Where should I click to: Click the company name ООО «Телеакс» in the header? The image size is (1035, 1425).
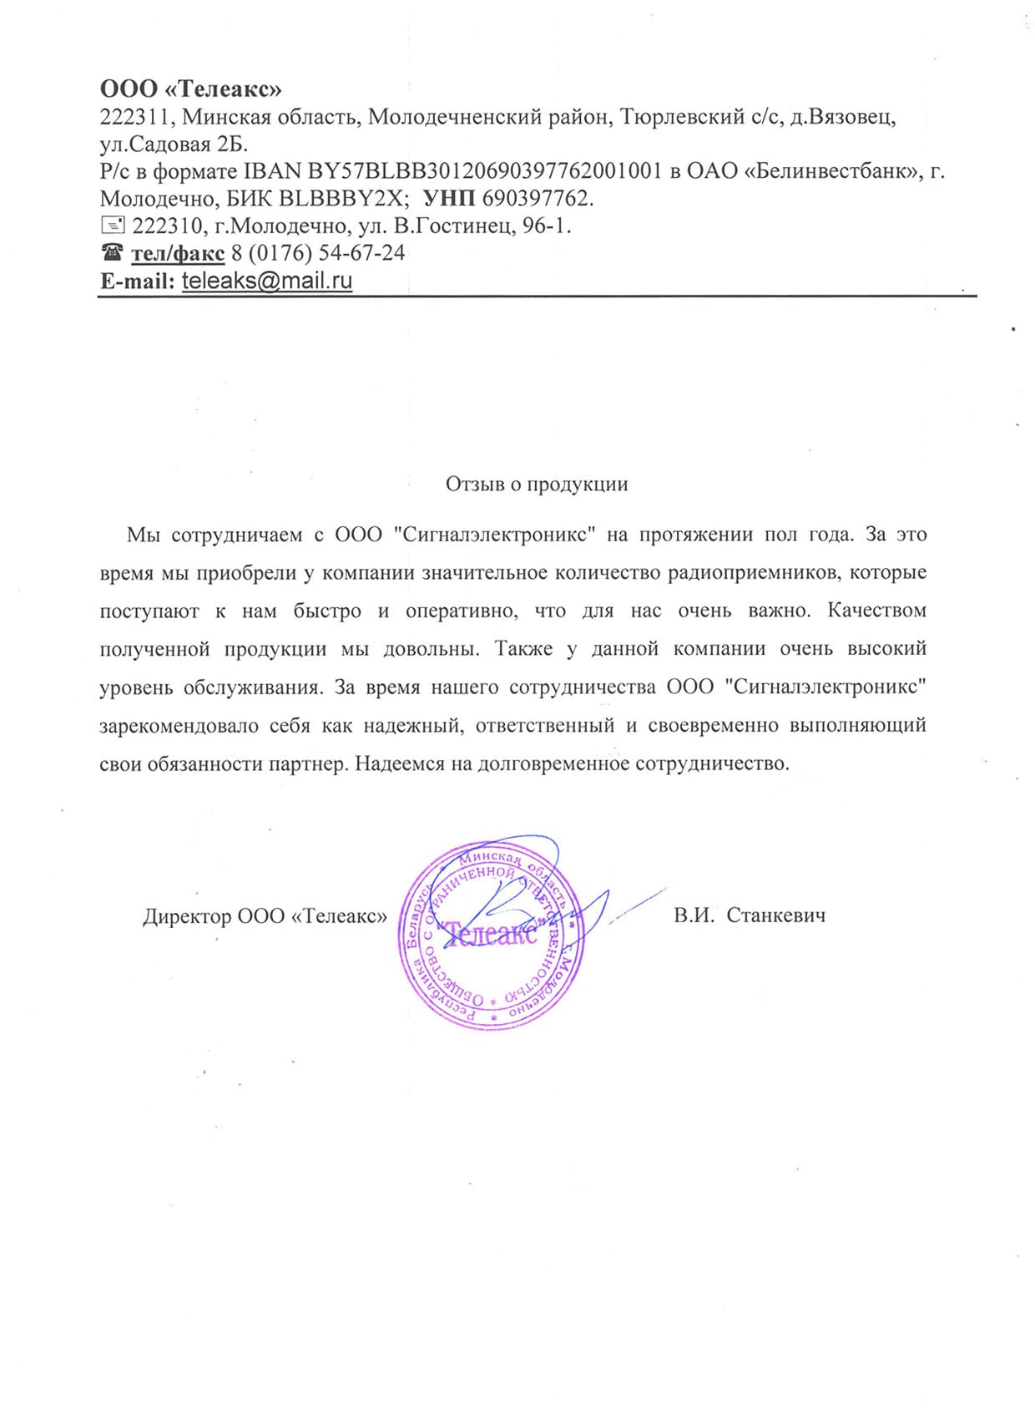[x=191, y=89]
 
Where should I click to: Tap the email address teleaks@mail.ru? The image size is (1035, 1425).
[x=267, y=281]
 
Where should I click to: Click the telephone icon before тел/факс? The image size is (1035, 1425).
[x=112, y=252]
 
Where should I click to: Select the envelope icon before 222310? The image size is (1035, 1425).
[x=112, y=226]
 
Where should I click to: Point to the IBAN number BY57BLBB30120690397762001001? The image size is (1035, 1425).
[x=485, y=171]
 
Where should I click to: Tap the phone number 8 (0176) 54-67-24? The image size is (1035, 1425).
[x=318, y=253]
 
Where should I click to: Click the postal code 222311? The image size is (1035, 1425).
[x=135, y=117]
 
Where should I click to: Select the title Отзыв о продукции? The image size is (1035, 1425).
[x=537, y=484]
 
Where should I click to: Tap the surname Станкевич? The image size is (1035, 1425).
[x=775, y=915]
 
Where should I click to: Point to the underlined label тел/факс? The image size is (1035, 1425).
[x=178, y=253]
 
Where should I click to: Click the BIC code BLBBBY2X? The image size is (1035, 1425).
[x=341, y=199]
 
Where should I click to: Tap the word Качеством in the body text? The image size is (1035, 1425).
[x=876, y=611]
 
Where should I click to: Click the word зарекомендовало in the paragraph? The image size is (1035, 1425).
[x=179, y=725]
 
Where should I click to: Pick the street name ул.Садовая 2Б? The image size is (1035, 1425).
[x=174, y=145]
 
